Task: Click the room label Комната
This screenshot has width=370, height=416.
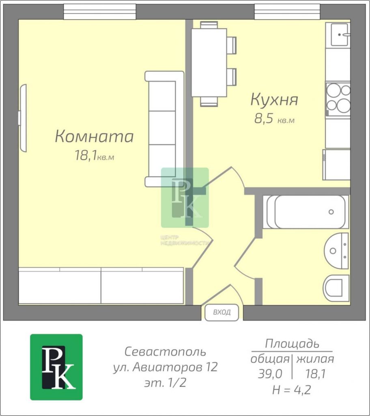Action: click(94, 136)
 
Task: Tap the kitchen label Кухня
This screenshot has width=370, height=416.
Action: click(274, 100)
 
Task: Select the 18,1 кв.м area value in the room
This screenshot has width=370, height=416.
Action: click(95, 156)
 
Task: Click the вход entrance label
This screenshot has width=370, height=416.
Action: click(222, 312)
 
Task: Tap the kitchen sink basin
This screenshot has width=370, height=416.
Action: click(340, 35)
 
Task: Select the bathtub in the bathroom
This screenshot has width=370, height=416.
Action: click(307, 212)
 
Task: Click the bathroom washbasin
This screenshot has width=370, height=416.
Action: click(336, 251)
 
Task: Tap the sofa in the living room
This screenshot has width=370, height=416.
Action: click(164, 129)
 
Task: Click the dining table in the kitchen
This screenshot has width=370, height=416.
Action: click(209, 63)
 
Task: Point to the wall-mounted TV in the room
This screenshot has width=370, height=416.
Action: click(23, 118)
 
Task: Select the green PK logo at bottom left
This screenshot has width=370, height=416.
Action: click(56, 367)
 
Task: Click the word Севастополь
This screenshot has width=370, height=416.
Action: click(165, 352)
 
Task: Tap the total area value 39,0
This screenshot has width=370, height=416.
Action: click(270, 374)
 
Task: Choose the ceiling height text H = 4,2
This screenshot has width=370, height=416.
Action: click(291, 390)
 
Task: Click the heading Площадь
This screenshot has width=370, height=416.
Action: click(292, 344)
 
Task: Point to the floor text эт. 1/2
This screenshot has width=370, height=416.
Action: click(165, 383)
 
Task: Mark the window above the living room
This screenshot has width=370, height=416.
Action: click(100, 12)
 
